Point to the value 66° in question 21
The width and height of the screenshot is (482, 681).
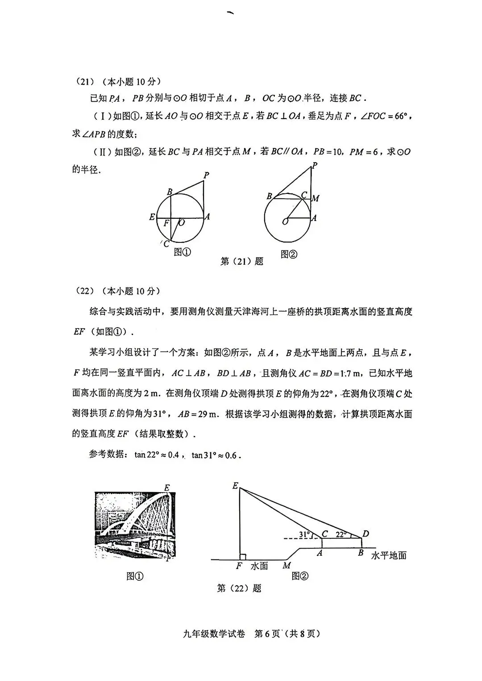pyautogui.click(x=400, y=116)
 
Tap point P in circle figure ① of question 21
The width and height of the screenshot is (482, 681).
pyautogui.click(x=206, y=175)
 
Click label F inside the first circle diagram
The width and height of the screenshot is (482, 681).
pyautogui.click(x=166, y=223)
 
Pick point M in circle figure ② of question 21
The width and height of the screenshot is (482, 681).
pyautogui.click(x=316, y=198)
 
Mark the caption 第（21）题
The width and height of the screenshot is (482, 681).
pyautogui.click(x=242, y=261)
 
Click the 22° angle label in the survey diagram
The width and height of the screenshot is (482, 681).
pyautogui.click(x=341, y=534)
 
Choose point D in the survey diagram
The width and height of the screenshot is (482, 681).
pyautogui.click(x=366, y=533)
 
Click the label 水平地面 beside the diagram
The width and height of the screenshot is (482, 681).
pyautogui.click(x=388, y=555)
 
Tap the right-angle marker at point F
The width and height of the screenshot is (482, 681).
pyautogui.click(x=243, y=556)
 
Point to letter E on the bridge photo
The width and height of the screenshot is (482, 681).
pyautogui.click(x=167, y=487)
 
